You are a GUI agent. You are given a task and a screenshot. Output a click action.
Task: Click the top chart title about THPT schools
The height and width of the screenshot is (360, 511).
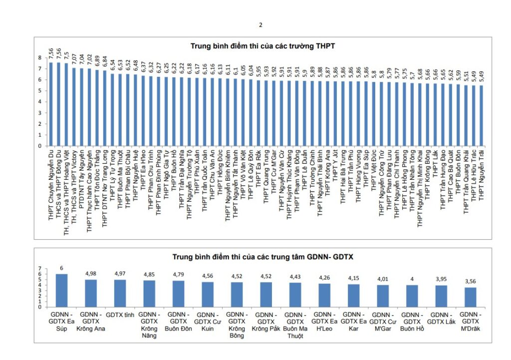coord(262,46)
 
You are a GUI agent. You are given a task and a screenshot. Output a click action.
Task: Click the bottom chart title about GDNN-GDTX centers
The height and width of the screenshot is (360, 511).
coord(262,257)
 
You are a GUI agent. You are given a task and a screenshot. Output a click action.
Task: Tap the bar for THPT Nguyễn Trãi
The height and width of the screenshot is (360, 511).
coord(481,116)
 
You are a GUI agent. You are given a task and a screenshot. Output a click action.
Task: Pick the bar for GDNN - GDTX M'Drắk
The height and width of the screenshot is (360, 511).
coord(471,297)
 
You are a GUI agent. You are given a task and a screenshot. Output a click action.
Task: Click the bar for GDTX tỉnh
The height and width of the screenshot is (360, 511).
coord(120,293)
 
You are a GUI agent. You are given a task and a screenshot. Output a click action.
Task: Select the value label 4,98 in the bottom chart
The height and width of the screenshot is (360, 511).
coord(90,274)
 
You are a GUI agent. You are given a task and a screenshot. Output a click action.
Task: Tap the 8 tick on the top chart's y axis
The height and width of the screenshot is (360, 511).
coord(39,58)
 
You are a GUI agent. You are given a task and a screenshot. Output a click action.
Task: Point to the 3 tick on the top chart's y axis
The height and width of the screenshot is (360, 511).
coord(39,113)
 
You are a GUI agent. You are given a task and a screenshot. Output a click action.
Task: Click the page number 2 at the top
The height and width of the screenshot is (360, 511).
coord(260,24)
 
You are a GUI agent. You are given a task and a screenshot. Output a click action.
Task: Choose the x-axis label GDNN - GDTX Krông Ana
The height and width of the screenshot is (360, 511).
coord(90,322)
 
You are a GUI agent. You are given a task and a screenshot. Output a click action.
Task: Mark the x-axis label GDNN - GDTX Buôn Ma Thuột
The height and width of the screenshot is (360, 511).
coord(295,325)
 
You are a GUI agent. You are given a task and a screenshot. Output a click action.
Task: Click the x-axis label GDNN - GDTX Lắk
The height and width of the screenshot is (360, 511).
coord(441,318)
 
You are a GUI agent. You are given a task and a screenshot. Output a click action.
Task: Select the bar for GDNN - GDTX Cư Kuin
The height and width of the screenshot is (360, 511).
coord(207,295)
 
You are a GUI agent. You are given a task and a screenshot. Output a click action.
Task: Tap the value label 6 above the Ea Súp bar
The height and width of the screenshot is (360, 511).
coord(61,268)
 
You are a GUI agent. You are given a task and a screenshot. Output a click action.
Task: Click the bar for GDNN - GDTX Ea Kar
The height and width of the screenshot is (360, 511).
coord(353,295)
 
